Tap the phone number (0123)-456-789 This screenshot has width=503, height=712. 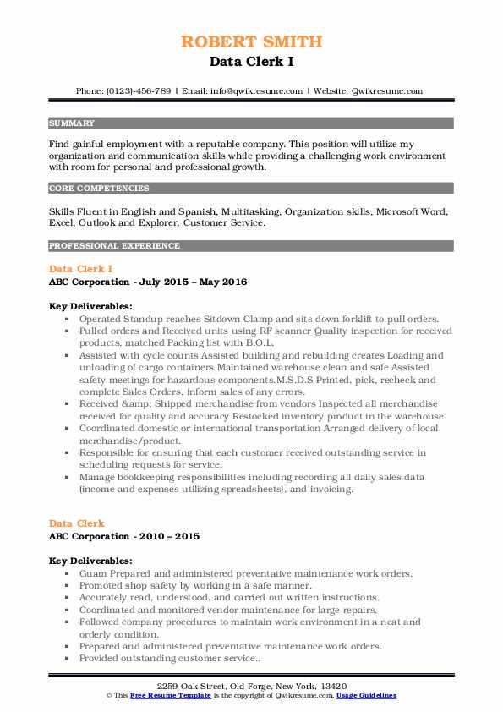(138, 90)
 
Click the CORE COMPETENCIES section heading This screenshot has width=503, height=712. (99, 189)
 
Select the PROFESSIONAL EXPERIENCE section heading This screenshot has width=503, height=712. (114, 246)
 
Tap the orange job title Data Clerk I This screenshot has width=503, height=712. (80, 268)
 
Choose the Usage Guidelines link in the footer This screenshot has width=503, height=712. (366, 695)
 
